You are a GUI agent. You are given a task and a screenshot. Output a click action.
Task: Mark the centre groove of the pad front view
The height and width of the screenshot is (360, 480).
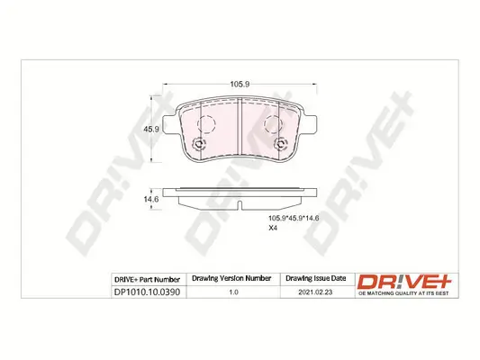click(x=242, y=126)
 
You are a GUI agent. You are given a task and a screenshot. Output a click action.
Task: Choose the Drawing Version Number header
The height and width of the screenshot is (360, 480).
click(x=232, y=278)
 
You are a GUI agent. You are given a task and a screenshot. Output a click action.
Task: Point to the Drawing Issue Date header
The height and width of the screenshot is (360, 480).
click(x=316, y=278)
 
